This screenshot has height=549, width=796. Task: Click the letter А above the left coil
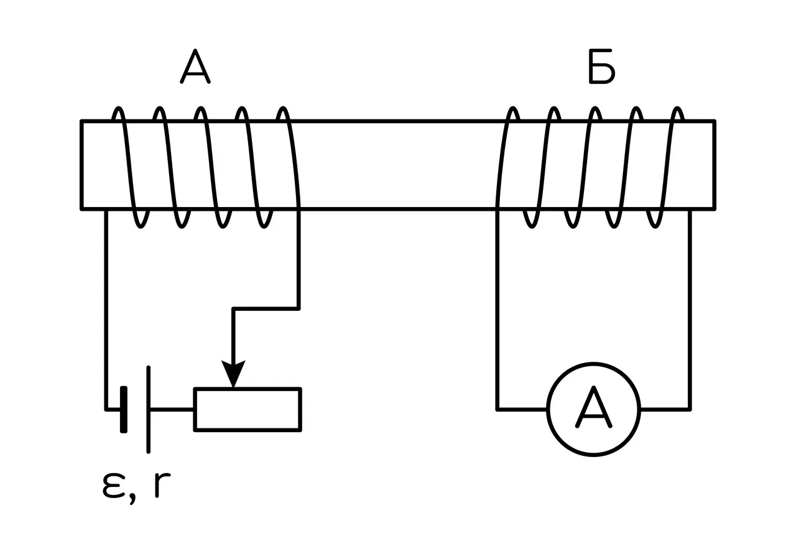coord(195,67)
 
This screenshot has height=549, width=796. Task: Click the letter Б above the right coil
coord(601,67)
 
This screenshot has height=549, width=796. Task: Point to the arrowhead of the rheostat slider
coord(233,374)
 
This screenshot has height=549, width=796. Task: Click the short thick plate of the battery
coord(124,410)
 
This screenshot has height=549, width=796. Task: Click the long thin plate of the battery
coord(148,410)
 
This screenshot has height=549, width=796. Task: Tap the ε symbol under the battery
coord(114,486)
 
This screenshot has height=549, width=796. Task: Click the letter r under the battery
coord(162,486)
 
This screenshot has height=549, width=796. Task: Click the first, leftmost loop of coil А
coord(128,167)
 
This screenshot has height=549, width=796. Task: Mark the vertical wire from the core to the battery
coord(106,310)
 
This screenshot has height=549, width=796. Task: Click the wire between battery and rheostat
coord(172,410)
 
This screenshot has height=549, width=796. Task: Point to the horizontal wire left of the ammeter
coord(522,410)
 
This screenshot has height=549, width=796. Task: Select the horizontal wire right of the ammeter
coord(665,410)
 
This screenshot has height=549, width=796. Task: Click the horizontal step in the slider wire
coord(266,309)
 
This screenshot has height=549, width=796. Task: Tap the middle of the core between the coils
coord(398,165)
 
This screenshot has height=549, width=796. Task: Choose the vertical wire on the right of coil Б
coord(690,310)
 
